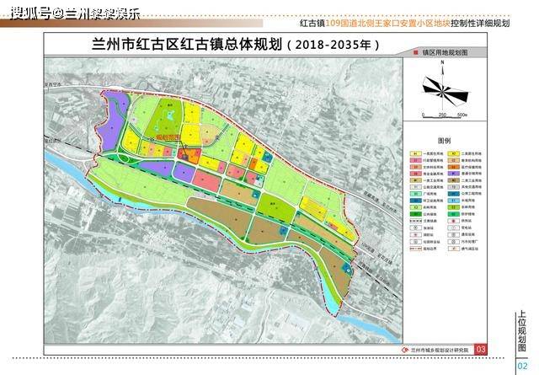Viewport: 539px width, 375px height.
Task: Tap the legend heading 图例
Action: click(x=445, y=140)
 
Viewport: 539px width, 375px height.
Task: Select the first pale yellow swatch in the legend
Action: click(x=416, y=153)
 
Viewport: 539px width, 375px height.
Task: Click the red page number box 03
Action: click(x=481, y=349)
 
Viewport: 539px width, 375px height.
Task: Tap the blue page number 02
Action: click(x=521, y=364)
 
